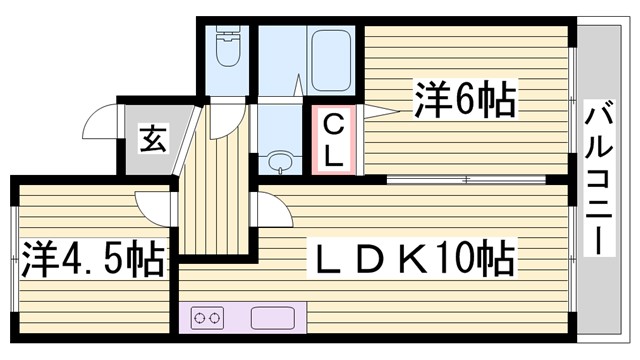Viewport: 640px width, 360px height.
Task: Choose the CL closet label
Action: (335, 140)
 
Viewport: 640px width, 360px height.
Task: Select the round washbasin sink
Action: (279, 162)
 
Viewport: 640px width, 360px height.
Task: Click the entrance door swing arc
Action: (100, 120)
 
